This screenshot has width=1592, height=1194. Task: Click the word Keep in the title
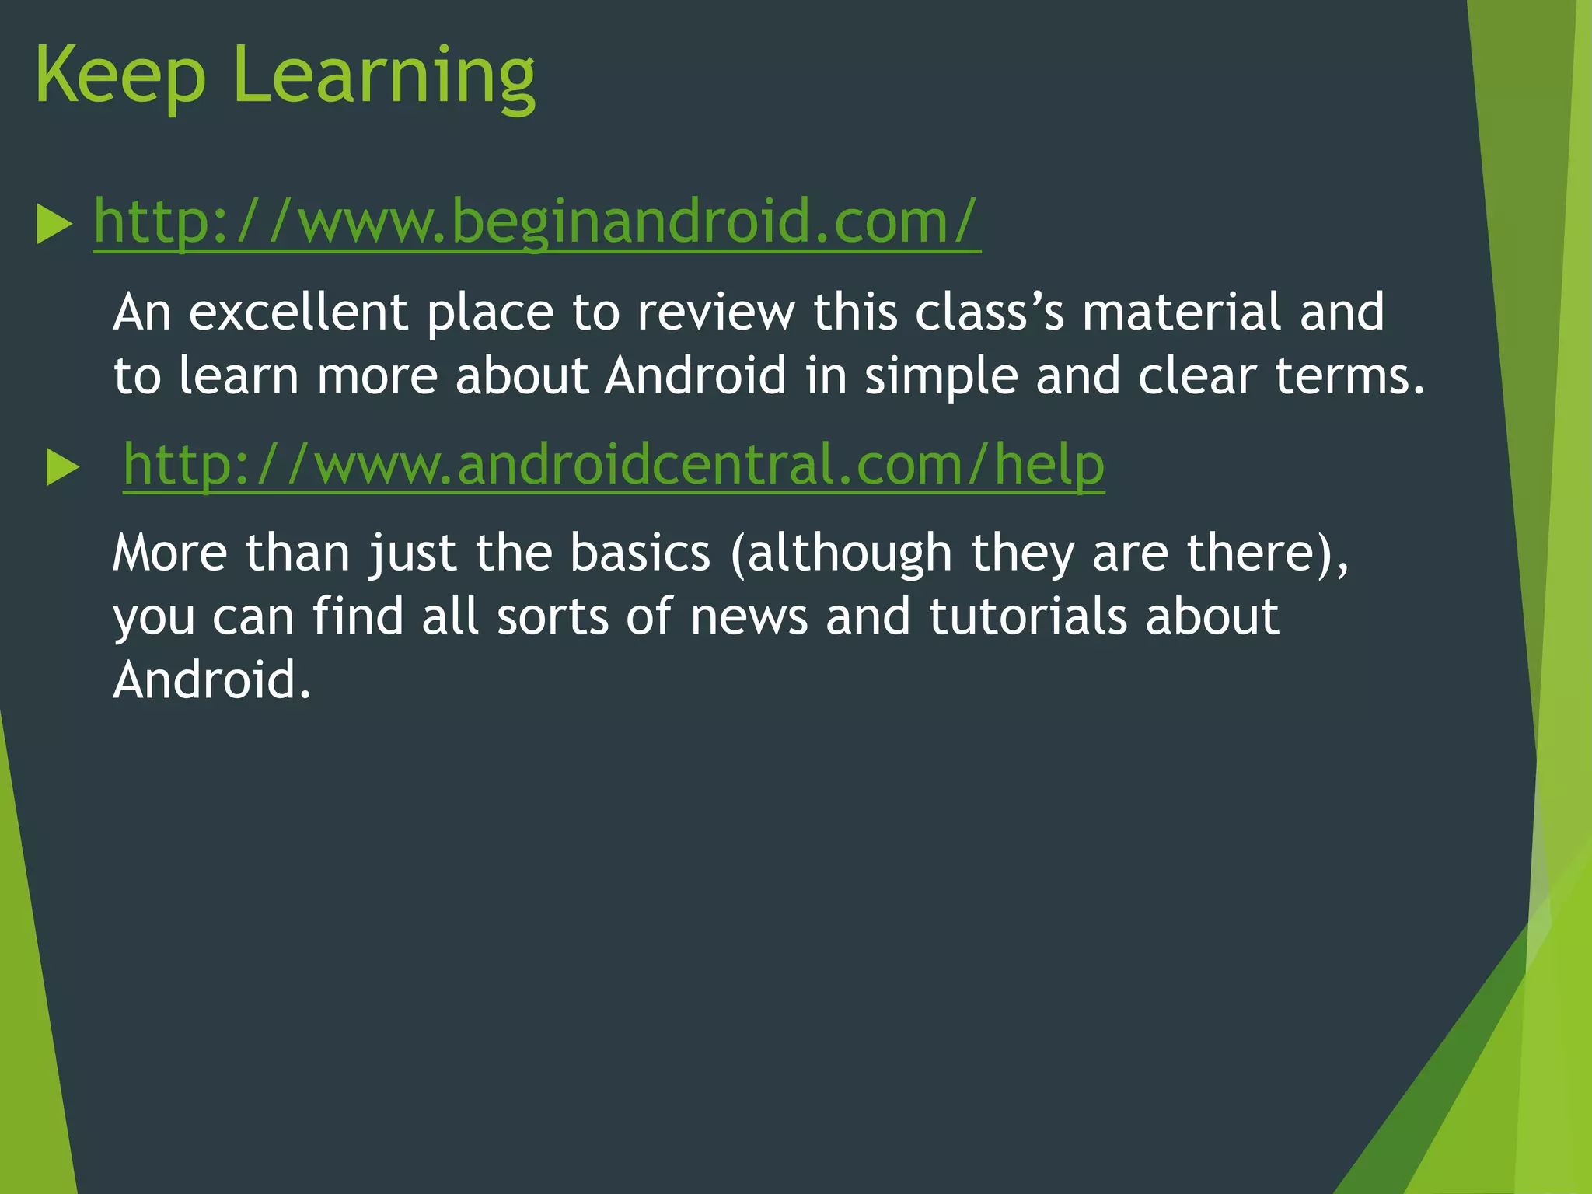tap(120, 76)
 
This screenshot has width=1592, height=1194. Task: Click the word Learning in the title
tap(383, 76)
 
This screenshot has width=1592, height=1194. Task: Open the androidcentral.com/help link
tap(613, 464)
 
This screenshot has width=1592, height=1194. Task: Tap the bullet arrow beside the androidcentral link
tap(63, 468)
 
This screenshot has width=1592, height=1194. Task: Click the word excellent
tap(298, 312)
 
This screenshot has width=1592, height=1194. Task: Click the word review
tap(716, 312)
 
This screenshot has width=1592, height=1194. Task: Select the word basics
tap(640, 553)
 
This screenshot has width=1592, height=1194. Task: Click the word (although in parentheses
tap(841, 553)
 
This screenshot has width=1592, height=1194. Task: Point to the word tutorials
tap(1028, 617)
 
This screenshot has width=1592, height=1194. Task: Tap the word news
tap(749, 617)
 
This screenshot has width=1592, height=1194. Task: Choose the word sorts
tap(553, 617)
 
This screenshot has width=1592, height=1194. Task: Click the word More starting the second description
tap(170, 553)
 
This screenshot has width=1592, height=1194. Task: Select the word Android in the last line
tap(212, 681)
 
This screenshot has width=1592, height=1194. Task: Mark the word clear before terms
tap(1197, 376)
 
